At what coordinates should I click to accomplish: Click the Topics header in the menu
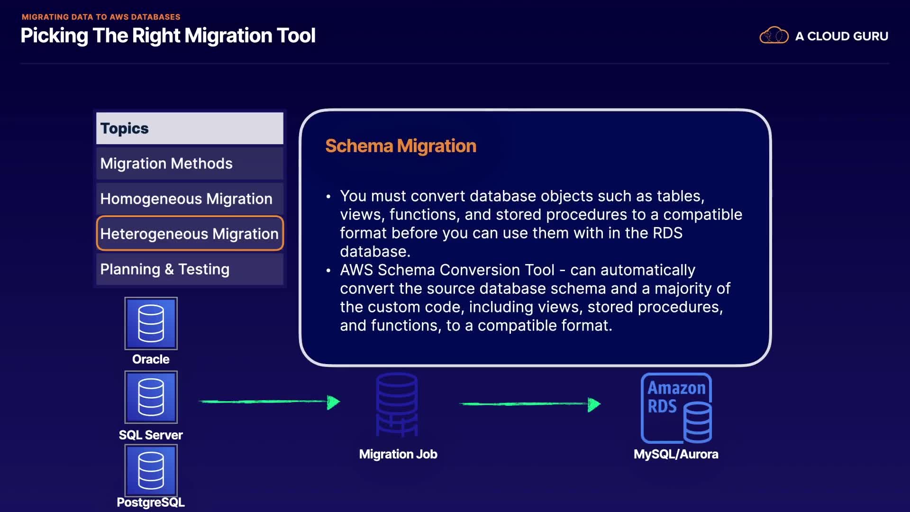(190, 128)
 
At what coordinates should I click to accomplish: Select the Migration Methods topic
(190, 164)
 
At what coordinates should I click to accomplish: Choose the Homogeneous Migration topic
(190, 199)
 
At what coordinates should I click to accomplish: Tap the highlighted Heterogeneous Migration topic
(190, 233)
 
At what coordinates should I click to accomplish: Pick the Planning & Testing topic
(190, 269)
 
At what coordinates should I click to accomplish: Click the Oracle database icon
(151, 323)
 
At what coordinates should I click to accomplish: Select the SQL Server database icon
(151, 397)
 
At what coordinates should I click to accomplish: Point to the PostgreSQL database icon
(151, 471)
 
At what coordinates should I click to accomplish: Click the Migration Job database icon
(397, 404)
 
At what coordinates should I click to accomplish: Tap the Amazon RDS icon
(676, 408)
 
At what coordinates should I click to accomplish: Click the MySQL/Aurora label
(676, 454)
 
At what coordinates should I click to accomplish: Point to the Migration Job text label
(398, 454)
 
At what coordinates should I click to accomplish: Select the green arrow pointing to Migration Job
(269, 402)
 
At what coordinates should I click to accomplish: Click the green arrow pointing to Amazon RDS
(530, 404)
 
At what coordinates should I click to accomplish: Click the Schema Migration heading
(400, 146)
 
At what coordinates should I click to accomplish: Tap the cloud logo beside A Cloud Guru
(773, 36)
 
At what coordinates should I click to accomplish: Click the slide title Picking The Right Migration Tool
(168, 36)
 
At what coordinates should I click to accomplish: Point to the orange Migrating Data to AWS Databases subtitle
(101, 17)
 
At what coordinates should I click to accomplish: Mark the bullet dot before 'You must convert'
(328, 196)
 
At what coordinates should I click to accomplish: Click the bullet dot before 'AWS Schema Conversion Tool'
(328, 270)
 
